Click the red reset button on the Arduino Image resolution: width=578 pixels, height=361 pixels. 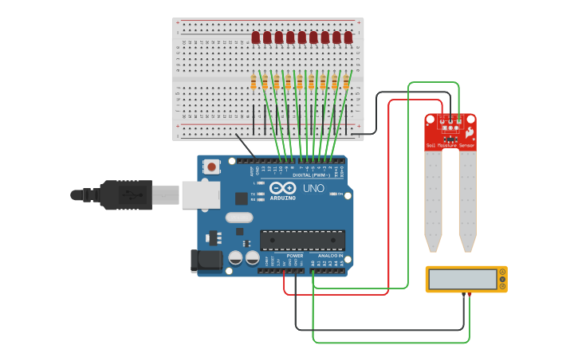pyautogui.click(x=212, y=167)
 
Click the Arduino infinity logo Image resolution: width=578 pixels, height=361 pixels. pyautogui.click(x=282, y=189)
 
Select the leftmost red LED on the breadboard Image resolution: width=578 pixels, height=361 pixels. pyautogui.click(x=255, y=37)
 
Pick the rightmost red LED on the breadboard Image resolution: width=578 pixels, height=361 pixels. pyautogui.click(x=348, y=37)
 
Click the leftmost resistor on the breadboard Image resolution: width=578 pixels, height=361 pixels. pyautogui.click(x=254, y=82)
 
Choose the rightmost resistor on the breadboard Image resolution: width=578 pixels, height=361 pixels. pyautogui.click(x=346, y=82)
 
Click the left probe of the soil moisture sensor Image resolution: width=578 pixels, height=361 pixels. pyautogui.click(x=433, y=199)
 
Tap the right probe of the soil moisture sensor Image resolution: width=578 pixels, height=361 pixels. pyautogui.click(x=467, y=199)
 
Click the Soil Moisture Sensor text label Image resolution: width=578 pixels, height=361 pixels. pyautogui.click(x=450, y=146)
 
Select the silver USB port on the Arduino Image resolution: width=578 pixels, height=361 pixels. pyautogui.click(x=200, y=194)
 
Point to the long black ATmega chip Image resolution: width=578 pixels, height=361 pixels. pyautogui.click(x=303, y=239)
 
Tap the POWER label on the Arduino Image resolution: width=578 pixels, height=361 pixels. pyautogui.click(x=284, y=256)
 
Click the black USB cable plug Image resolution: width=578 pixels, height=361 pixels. pyautogui.click(x=120, y=194)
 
